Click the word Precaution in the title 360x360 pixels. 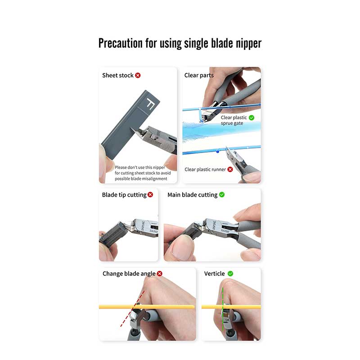121,43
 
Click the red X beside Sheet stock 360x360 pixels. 138,75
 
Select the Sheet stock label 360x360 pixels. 118,75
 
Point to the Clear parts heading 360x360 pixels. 199,76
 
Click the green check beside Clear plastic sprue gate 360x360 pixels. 252,117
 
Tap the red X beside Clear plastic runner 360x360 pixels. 230,170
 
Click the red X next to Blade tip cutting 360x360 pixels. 150,195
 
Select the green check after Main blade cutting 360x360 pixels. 222,195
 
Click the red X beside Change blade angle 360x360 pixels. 160,274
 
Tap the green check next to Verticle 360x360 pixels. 230,274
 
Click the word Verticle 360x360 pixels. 215,274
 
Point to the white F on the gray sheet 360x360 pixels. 150,103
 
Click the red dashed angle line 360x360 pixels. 132,309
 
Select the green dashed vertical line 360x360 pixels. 223,309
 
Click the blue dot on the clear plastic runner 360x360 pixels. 218,152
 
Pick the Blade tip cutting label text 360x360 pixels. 124,195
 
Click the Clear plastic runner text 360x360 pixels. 205,170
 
